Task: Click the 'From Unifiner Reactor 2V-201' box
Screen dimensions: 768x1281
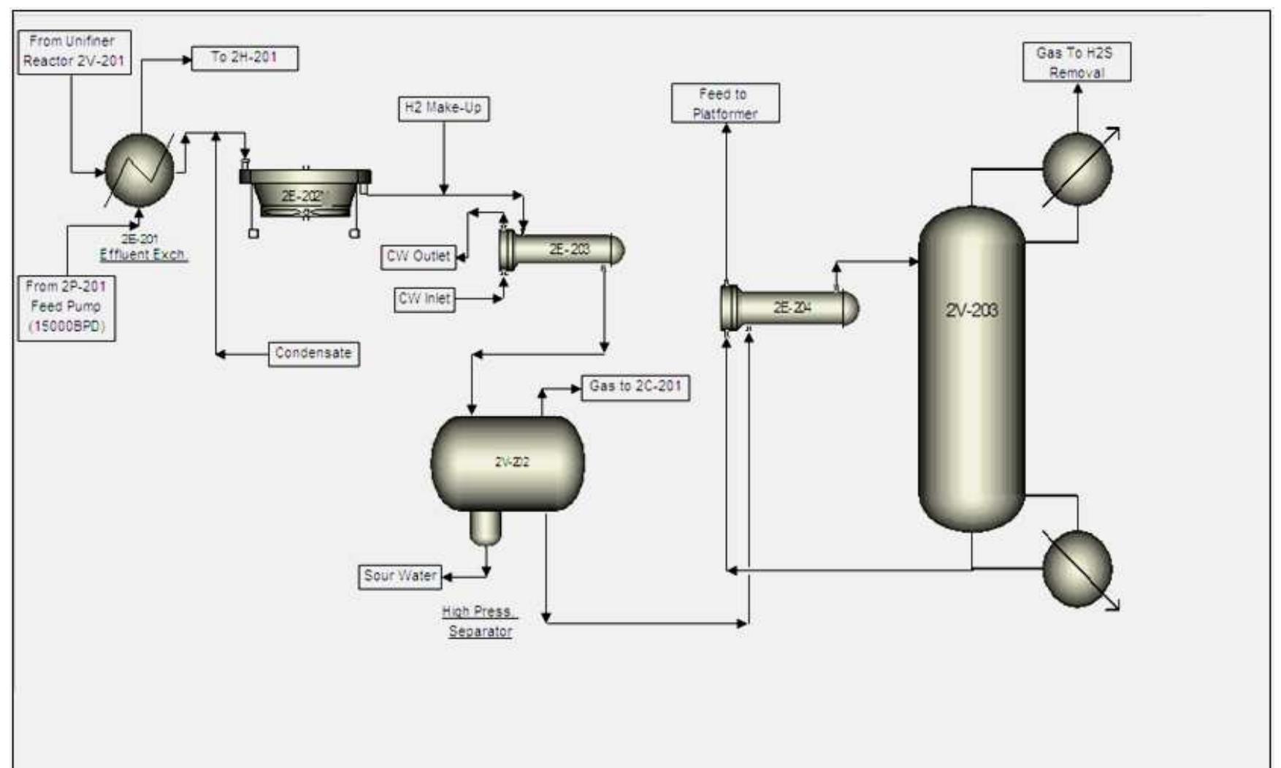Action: click(72, 52)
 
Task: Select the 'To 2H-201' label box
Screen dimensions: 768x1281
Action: click(245, 58)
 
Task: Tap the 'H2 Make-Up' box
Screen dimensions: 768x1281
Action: click(443, 108)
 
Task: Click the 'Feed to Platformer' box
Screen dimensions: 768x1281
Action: click(724, 103)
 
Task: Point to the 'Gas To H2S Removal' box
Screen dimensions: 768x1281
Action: click(1077, 62)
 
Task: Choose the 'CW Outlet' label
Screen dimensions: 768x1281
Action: click(418, 256)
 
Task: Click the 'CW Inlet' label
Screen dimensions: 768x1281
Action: click(424, 299)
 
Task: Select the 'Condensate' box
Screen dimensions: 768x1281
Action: click(313, 354)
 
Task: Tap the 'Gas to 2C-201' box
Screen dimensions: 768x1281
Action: click(635, 387)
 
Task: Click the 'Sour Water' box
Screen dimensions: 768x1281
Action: click(400, 576)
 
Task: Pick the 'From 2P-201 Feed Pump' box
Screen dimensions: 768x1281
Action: click(66, 307)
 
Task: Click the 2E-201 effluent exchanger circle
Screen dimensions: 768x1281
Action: click(139, 171)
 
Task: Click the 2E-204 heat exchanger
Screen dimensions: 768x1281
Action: click(789, 308)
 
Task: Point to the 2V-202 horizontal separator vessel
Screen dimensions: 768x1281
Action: click(508, 463)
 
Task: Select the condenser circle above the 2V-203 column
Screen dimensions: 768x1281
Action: click(1077, 169)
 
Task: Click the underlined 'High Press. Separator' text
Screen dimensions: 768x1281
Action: click(479, 622)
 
